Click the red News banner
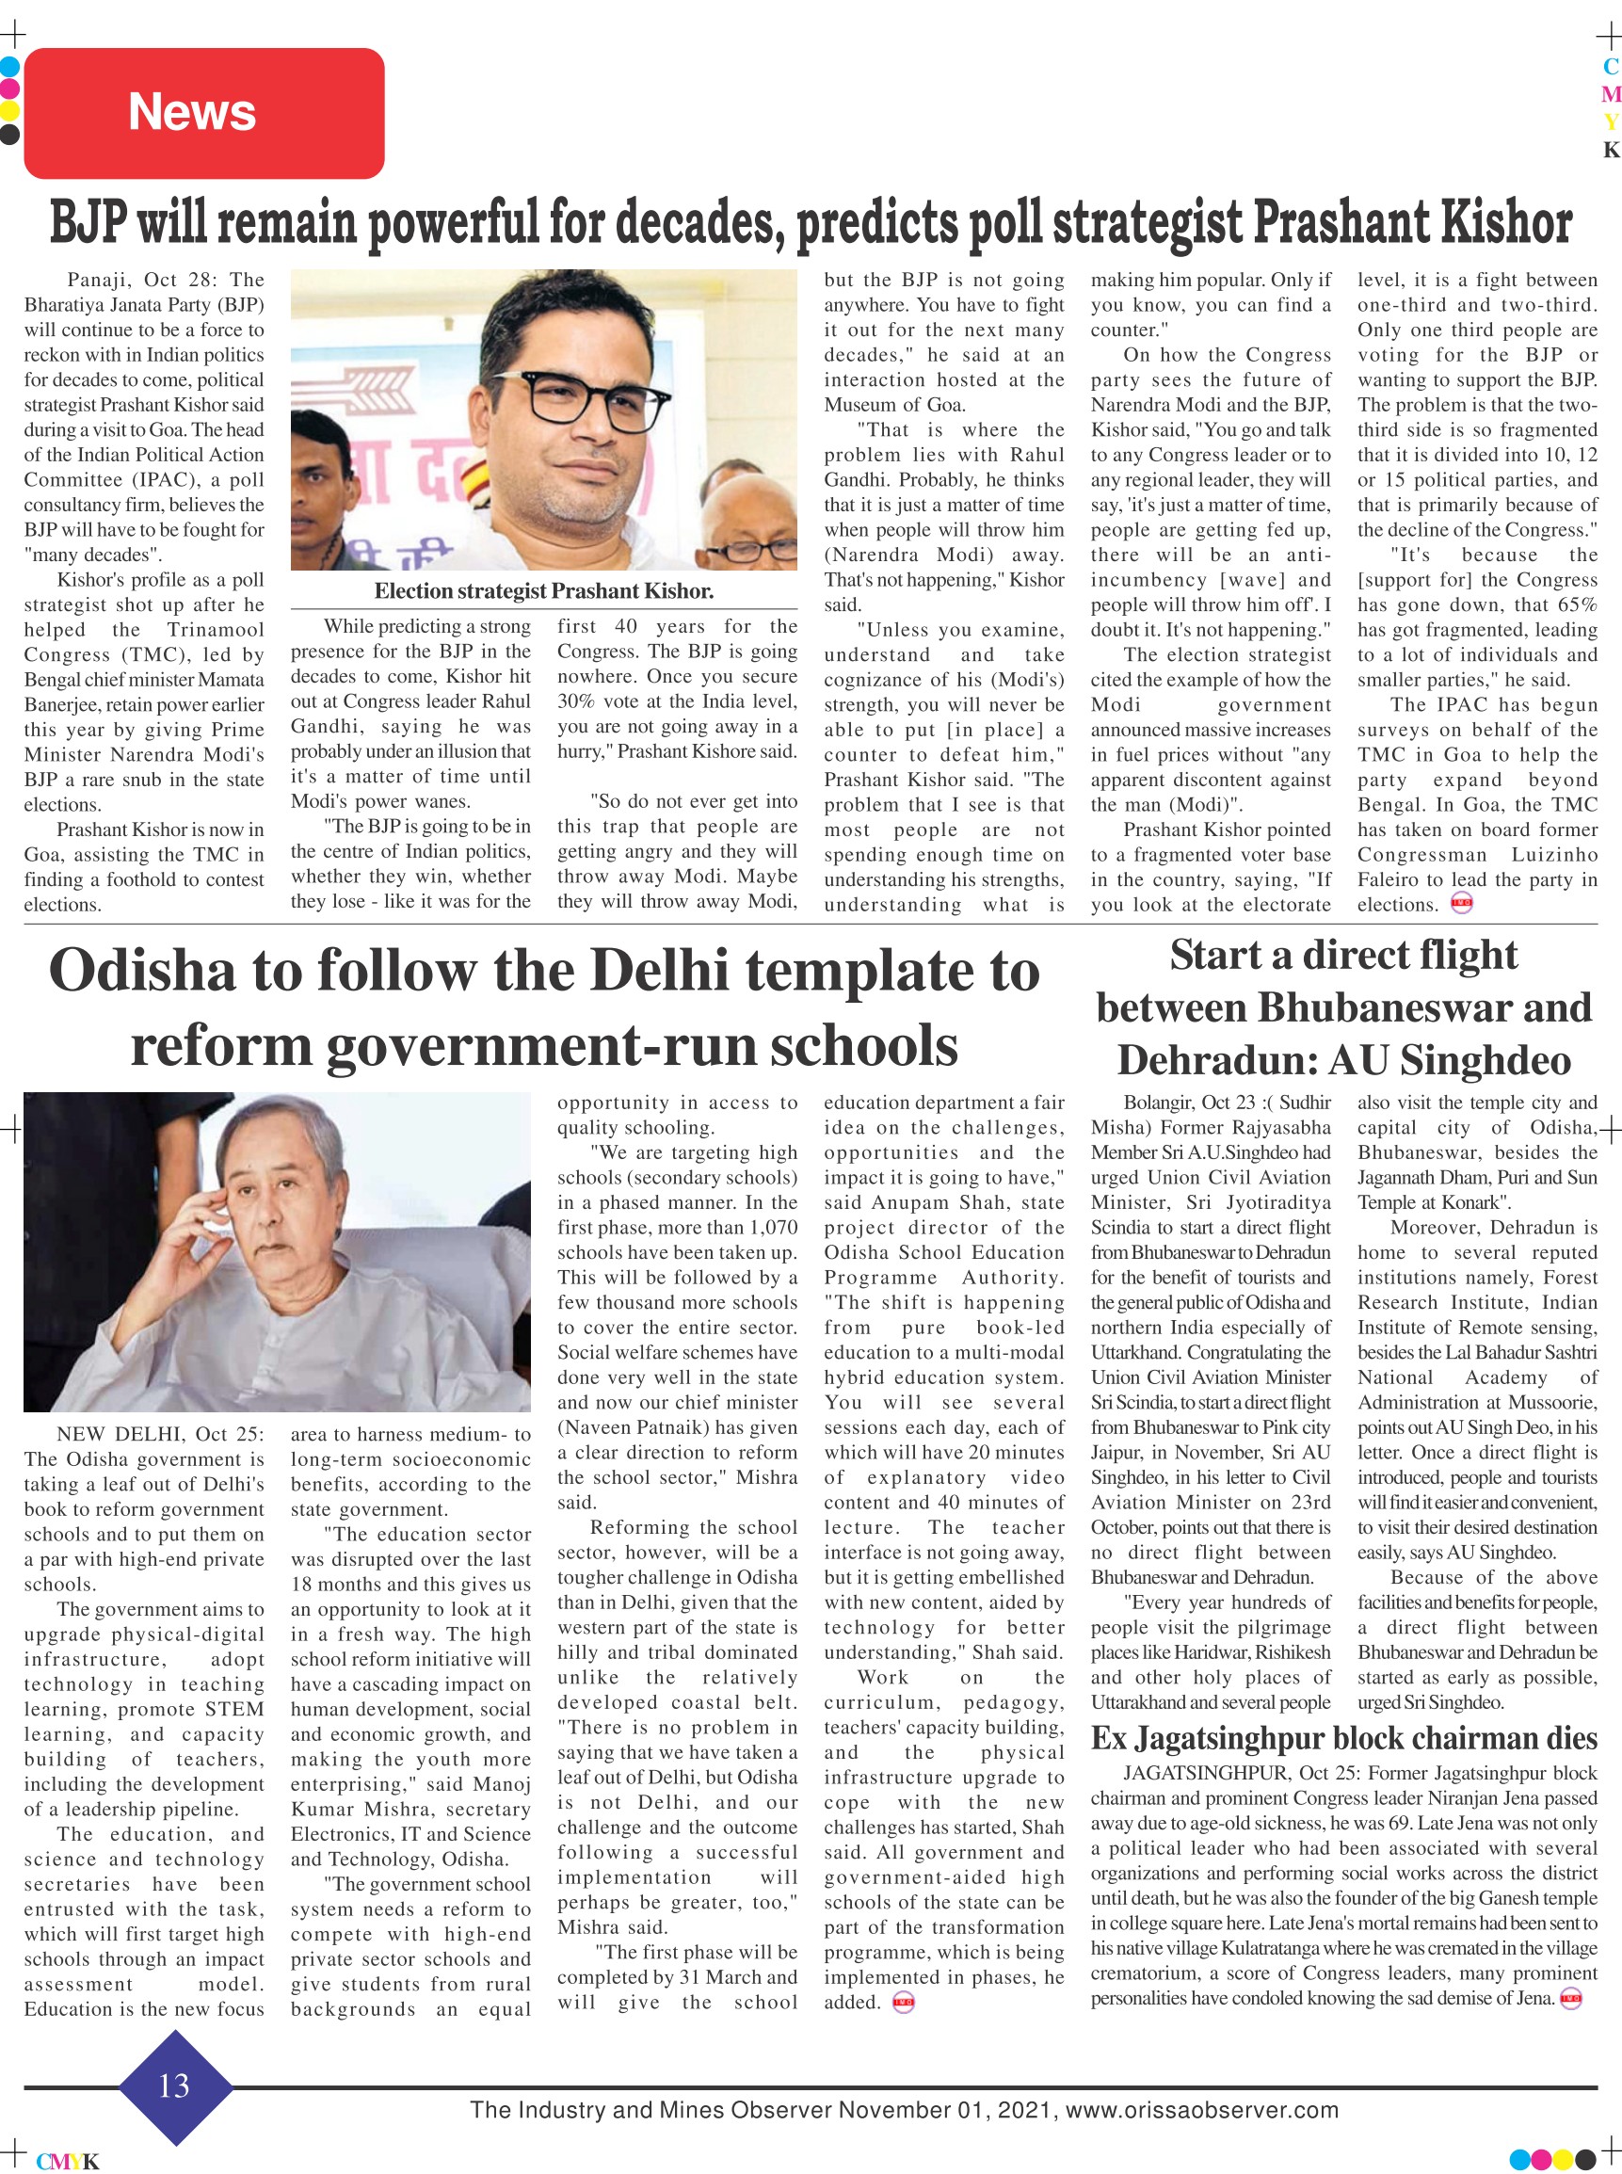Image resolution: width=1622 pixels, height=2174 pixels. (203, 112)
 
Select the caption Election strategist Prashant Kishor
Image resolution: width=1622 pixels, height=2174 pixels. (543, 591)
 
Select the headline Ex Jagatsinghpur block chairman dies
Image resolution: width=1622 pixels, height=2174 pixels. (1343, 1738)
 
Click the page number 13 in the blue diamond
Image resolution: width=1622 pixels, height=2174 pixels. (174, 2085)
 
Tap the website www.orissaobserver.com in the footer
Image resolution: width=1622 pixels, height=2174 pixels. (1202, 2109)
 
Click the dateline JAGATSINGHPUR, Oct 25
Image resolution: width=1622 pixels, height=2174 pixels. (1227, 1773)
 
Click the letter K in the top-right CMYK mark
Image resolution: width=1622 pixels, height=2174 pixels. (1610, 151)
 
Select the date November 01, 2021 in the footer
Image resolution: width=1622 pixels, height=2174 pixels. (946, 2109)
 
